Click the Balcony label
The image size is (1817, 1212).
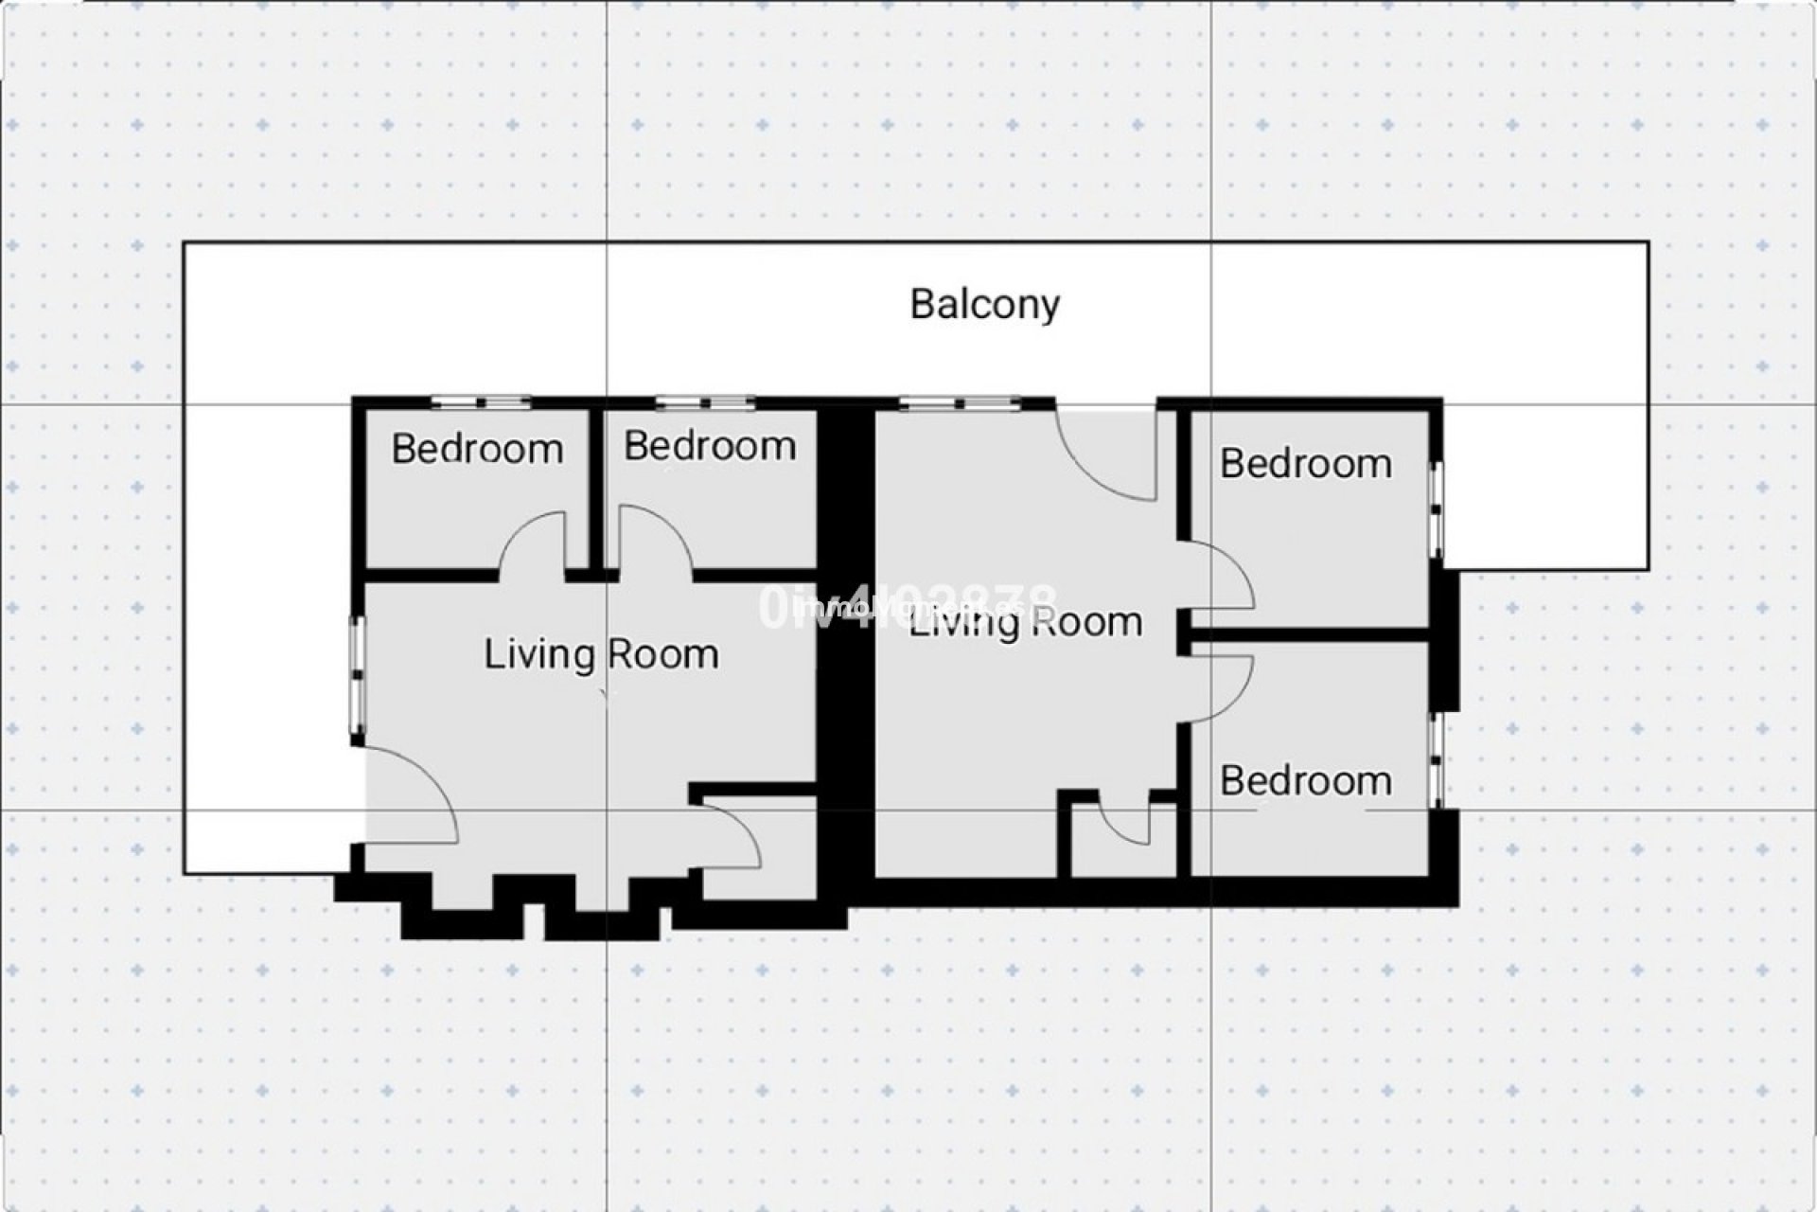tap(984, 305)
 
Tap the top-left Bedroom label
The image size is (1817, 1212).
tap(477, 449)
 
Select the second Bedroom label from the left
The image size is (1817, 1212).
tap(710, 446)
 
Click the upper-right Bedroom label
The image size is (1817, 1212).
tap(1305, 464)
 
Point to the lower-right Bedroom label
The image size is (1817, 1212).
tap(1305, 781)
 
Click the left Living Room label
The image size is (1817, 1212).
tap(601, 654)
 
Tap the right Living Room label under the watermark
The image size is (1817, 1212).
tap(1026, 623)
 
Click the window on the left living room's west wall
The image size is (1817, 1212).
tap(359, 674)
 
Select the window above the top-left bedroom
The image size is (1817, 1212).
tap(482, 403)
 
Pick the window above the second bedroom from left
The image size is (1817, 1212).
tap(705, 403)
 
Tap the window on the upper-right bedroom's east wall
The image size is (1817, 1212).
tap(1437, 509)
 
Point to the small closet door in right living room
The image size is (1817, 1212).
tap(1126, 824)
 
